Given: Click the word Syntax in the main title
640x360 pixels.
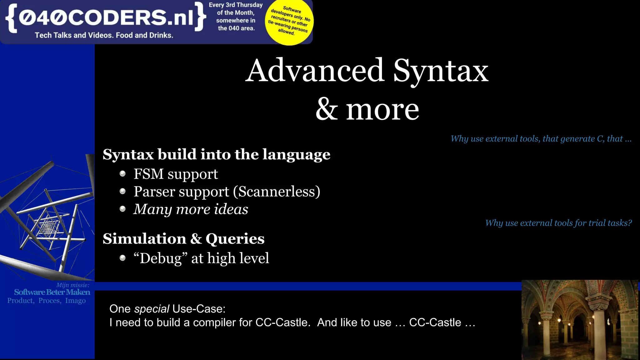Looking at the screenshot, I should [440, 71].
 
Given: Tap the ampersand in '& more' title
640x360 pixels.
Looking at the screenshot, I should [327, 109].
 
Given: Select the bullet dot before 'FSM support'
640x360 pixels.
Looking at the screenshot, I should [122, 174].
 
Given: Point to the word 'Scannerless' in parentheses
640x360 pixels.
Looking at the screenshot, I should [277, 192].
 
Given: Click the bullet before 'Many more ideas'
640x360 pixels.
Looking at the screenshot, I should [122, 209].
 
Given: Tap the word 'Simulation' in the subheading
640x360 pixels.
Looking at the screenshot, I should [144, 239].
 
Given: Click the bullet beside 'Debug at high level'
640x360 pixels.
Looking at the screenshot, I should [122, 258].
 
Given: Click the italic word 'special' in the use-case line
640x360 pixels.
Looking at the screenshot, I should [152, 309].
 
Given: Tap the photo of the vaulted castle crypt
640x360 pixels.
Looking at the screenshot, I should [580, 319].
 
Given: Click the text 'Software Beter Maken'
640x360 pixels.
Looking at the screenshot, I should [52, 292].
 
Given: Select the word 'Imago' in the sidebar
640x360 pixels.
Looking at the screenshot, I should [75, 301].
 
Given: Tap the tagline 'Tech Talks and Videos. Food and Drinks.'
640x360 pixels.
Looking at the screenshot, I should [104, 35].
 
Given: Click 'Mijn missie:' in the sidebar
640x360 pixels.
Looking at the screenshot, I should [73, 285].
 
